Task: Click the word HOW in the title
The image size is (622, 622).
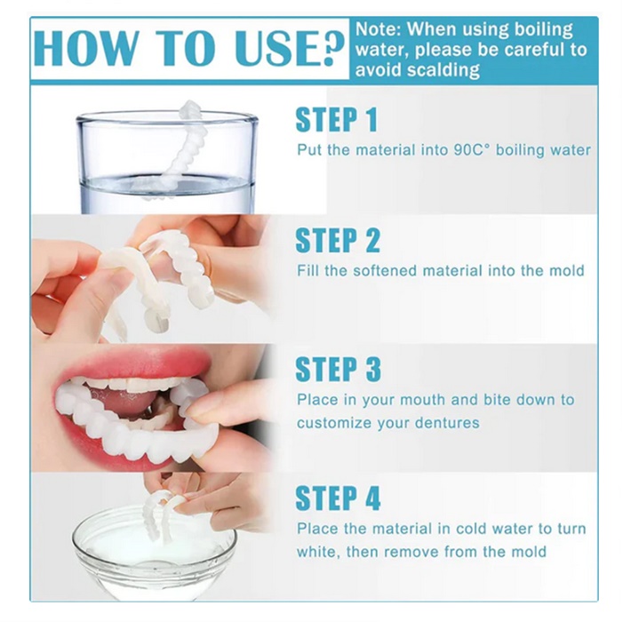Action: pos(88,48)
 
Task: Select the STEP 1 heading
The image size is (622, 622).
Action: pos(337,119)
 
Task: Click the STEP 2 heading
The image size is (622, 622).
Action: pos(338,241)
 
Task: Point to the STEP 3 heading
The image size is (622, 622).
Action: pos(338,370)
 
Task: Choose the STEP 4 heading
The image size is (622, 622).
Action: pos(338,498)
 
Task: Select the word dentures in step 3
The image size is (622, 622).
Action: pos(447,423)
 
